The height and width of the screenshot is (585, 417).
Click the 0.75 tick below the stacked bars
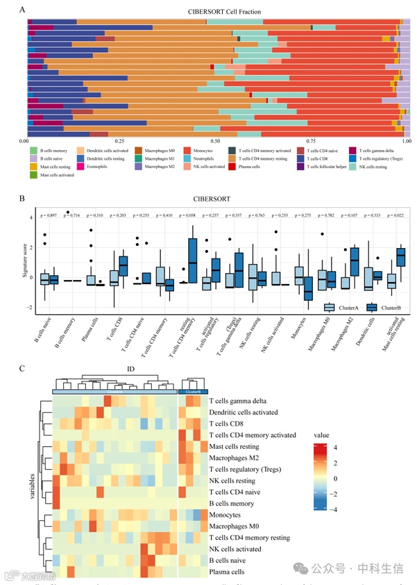coord(312,140)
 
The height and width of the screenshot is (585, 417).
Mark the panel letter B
coord(23,198)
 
